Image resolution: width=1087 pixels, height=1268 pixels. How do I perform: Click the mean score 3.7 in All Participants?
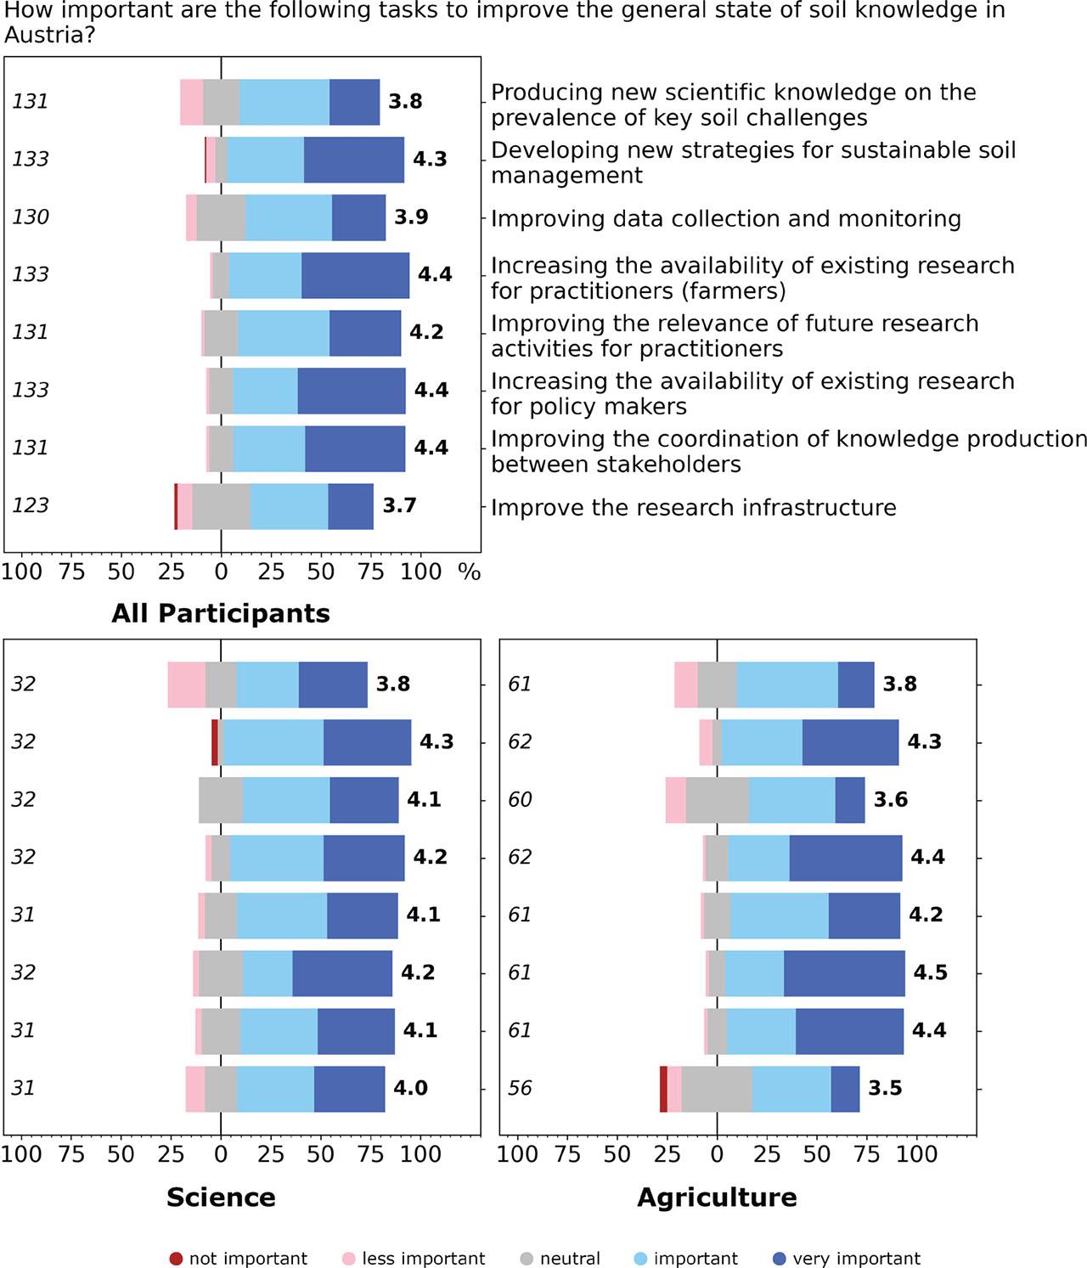pyautogui.click(x=399, y=505)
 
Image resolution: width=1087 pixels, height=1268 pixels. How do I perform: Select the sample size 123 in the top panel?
pyautogui.click(x=31, y=505)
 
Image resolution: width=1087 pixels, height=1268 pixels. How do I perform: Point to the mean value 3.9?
pyautogui.click(x=411, y=217)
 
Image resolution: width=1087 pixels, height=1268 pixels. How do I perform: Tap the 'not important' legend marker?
pyautogui.click(x=176, y=1259)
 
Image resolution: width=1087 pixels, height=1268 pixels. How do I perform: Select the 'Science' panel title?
pyautogui.click(x=221, y=1197)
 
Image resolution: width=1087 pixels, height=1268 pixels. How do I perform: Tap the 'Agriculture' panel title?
pyautogui.click(x=717, y=1197)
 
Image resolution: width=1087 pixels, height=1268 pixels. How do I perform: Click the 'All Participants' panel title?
pyautogui.click(x=221, y=613)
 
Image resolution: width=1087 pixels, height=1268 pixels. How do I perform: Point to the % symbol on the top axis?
pyautogui.click(x=470, y=572)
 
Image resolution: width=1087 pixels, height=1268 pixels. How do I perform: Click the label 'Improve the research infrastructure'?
pyautogui.click(x=693, y=508)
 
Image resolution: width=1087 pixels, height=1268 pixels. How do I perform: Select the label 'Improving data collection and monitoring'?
pyautogui.click(x=725, y=219)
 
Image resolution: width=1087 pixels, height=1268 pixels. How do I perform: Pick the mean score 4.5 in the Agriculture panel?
pyautogui.click(x=930, y=972)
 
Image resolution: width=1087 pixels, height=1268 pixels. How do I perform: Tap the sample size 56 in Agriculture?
pyautogui.click(x=520, y=1088)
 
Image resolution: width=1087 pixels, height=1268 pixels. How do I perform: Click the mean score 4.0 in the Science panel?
pyautogui.click(x=410, y=1088)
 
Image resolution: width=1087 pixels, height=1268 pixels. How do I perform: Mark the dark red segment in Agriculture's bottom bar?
pyautogui.click(x=663, y=1089)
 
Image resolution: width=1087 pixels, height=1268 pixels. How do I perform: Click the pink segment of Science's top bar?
pyautogui.click(x=186, y=685)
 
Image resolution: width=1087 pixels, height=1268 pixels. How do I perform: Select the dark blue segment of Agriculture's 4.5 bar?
pyautogui.click(x=844, y=973)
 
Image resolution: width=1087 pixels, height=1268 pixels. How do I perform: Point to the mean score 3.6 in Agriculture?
pyautogui.click(x=891, y=799)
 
